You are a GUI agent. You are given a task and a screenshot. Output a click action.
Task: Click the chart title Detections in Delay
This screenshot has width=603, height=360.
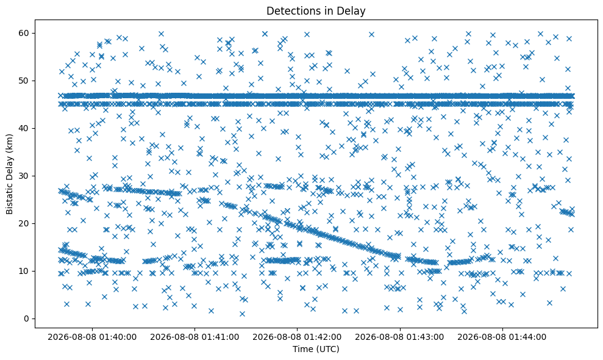coord(316,11)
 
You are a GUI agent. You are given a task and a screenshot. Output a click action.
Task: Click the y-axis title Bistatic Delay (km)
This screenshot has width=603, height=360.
coord(9,174)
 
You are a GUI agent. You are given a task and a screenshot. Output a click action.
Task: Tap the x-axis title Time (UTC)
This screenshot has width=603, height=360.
coord(316,349)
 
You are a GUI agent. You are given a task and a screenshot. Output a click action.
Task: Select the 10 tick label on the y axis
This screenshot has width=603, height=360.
coord(25,271)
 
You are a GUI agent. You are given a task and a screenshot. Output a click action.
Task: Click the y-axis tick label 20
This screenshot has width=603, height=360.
coord(25,223)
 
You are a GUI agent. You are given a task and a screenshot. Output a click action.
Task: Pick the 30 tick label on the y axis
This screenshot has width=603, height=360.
coord(25,176)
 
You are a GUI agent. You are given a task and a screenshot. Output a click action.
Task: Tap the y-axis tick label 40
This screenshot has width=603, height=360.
coord(25,128)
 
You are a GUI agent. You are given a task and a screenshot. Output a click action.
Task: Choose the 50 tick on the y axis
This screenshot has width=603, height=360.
coord(25,81)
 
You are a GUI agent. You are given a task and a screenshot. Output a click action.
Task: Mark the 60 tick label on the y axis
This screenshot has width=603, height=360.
coord(25,33)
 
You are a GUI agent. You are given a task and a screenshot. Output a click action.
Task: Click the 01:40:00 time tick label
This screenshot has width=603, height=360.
coord(92,337)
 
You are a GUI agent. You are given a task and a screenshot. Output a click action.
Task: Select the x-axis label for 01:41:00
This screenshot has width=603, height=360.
coord(194,337)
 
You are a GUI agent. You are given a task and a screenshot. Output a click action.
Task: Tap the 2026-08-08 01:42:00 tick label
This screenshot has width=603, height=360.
coord(298,337)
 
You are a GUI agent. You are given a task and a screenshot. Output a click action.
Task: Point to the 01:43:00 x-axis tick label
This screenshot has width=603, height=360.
coord(399,337)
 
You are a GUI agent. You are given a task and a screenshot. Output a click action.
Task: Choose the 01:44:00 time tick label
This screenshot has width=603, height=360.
coord(502,337)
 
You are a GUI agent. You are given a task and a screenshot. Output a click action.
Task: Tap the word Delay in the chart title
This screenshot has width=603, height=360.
coord(354,11)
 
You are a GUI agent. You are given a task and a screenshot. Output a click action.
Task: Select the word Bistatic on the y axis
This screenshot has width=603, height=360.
coord(9,198)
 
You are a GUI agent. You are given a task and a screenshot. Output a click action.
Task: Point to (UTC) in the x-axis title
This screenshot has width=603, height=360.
coord(327,349)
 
